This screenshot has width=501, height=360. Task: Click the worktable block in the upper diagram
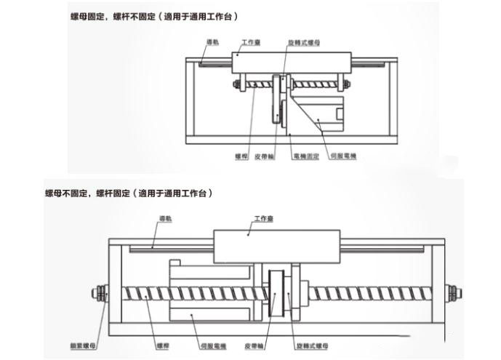point(292,63)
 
